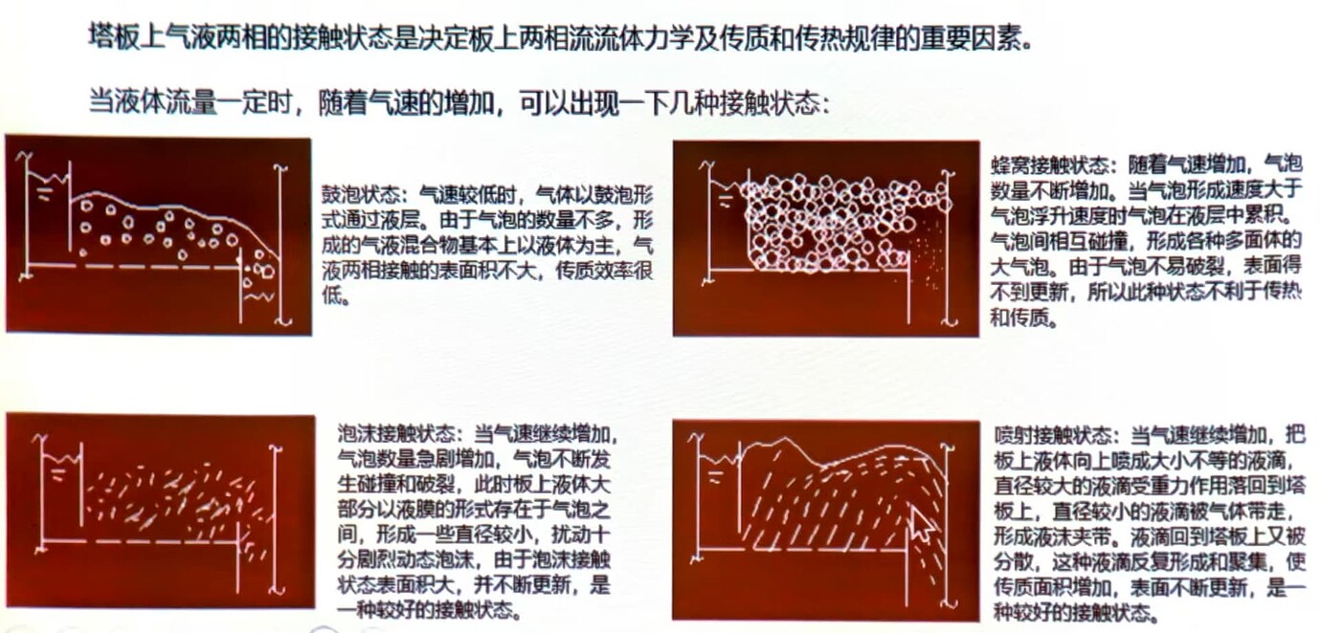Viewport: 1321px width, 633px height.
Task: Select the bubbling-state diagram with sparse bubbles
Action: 159,235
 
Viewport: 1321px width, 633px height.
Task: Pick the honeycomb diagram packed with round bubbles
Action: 825,238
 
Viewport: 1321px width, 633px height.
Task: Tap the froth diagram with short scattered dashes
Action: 160,511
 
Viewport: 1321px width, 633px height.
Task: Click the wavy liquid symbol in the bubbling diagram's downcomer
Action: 257,296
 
